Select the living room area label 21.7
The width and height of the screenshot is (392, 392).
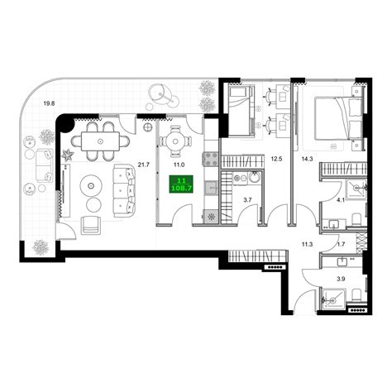[143, 165]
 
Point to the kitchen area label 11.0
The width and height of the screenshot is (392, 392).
[179, 165]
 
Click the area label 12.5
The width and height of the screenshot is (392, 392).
[275, 159]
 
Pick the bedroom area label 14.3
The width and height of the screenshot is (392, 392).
[307, 159]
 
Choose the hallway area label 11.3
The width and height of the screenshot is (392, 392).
[307, 244]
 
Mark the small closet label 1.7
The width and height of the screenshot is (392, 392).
[341, 244]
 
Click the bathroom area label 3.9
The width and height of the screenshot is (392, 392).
[341, 279]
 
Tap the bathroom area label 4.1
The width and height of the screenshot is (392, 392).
[341, 200]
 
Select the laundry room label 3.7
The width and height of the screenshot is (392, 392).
[248, 200]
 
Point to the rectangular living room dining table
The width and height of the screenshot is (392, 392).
[100, 141]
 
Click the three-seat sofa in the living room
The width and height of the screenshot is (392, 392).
[124, 190]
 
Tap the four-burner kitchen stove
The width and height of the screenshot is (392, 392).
[211, 159]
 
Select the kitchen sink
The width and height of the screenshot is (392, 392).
[211, 188]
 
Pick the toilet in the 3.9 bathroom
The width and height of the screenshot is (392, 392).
[356, 294]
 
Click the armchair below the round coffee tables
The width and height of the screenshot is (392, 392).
[91, 225]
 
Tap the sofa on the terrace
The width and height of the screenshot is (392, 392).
[45, 165]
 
